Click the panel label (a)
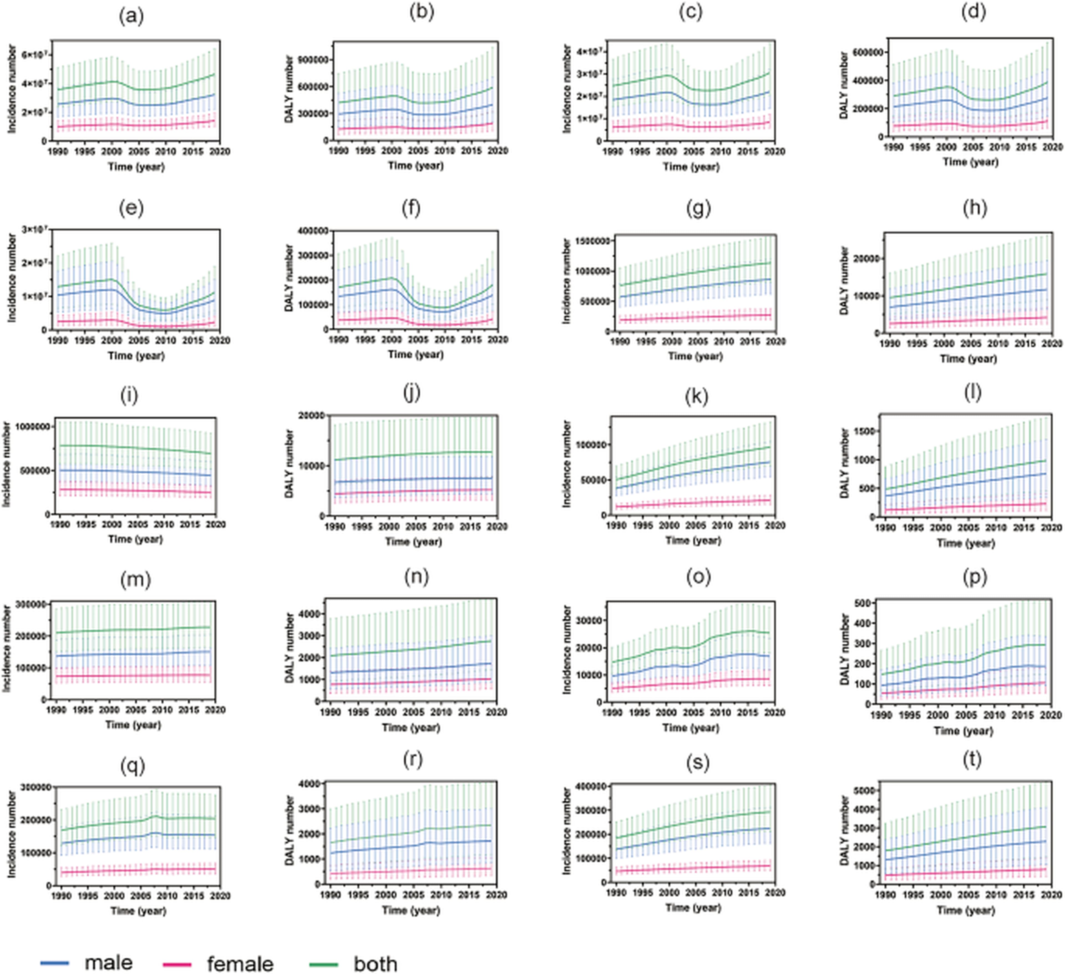pos(131,17)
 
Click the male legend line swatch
pos(55,963)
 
